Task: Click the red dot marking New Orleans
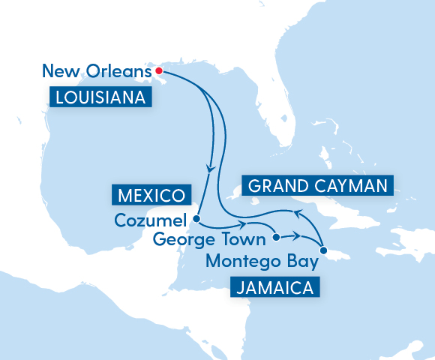pos(159,71)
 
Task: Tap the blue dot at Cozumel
pos(196,220)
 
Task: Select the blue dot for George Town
pos(276,238)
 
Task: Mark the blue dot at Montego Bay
pos(323,250)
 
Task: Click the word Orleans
pos(121,72)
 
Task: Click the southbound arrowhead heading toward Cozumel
pos(210,168)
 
